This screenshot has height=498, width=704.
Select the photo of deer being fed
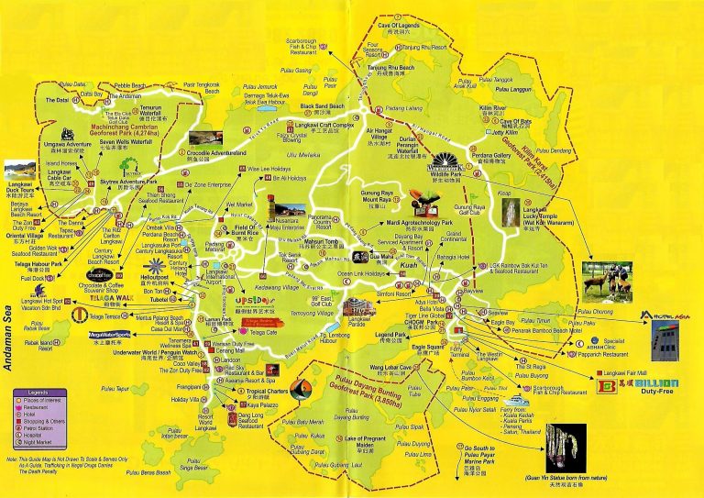[606, 281]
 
